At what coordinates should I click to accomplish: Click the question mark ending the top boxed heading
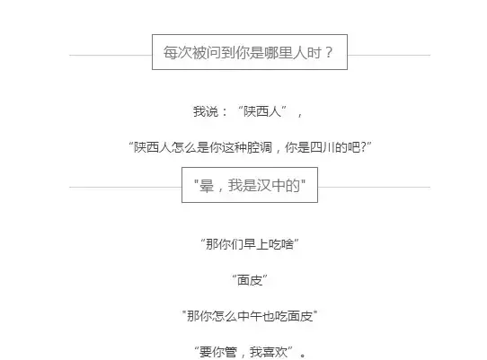(x=329, y=52)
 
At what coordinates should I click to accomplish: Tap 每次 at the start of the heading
(x=178, y=52)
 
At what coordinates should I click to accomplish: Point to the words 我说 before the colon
(x=206, y=111)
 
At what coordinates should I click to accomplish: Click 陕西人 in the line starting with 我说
(x=262, y=111)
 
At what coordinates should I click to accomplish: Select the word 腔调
(x=259, y=147)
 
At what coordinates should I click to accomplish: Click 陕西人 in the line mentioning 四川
(x=152, y=147)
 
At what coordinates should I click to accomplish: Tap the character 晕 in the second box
(x=207, y=186)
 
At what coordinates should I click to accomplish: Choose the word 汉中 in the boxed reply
(x=271, y=186)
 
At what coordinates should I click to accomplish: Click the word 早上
(x=256, y=244)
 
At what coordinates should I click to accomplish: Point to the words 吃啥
(x=281, y=244)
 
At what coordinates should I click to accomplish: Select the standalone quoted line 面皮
(x=250, y=280)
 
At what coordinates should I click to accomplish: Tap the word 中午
(x=250, y=316)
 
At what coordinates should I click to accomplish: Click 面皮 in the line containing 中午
(x=300, y=316)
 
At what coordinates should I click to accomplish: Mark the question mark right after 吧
(x=364, y=147)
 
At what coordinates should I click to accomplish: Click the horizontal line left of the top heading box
(x=111, y=56)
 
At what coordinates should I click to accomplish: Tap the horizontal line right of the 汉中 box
(x=374, y=187)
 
